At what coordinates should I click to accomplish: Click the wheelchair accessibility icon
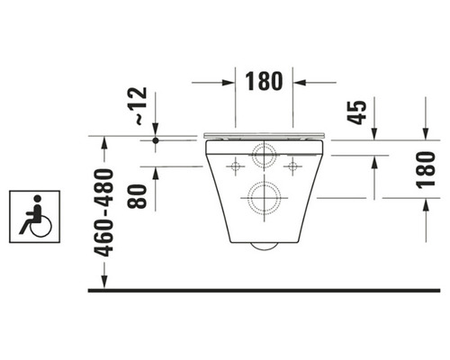[x=33, y=215]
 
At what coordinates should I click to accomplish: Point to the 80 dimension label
[x=138, y=195]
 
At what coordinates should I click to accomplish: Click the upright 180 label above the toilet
[x=265, y=81]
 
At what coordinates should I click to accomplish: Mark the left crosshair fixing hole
[x=235, y=167]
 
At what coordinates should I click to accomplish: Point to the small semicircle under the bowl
[x=264, y=246]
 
